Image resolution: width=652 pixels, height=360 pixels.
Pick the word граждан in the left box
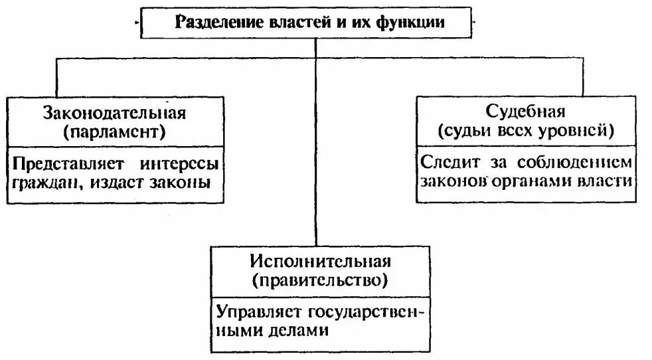(x=41, y=181)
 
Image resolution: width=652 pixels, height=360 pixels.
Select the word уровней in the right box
(x=580, y=130)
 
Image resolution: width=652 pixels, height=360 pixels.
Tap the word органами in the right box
(x=538, y=180)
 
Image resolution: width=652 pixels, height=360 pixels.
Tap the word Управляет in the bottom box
(x=258, y=312)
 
